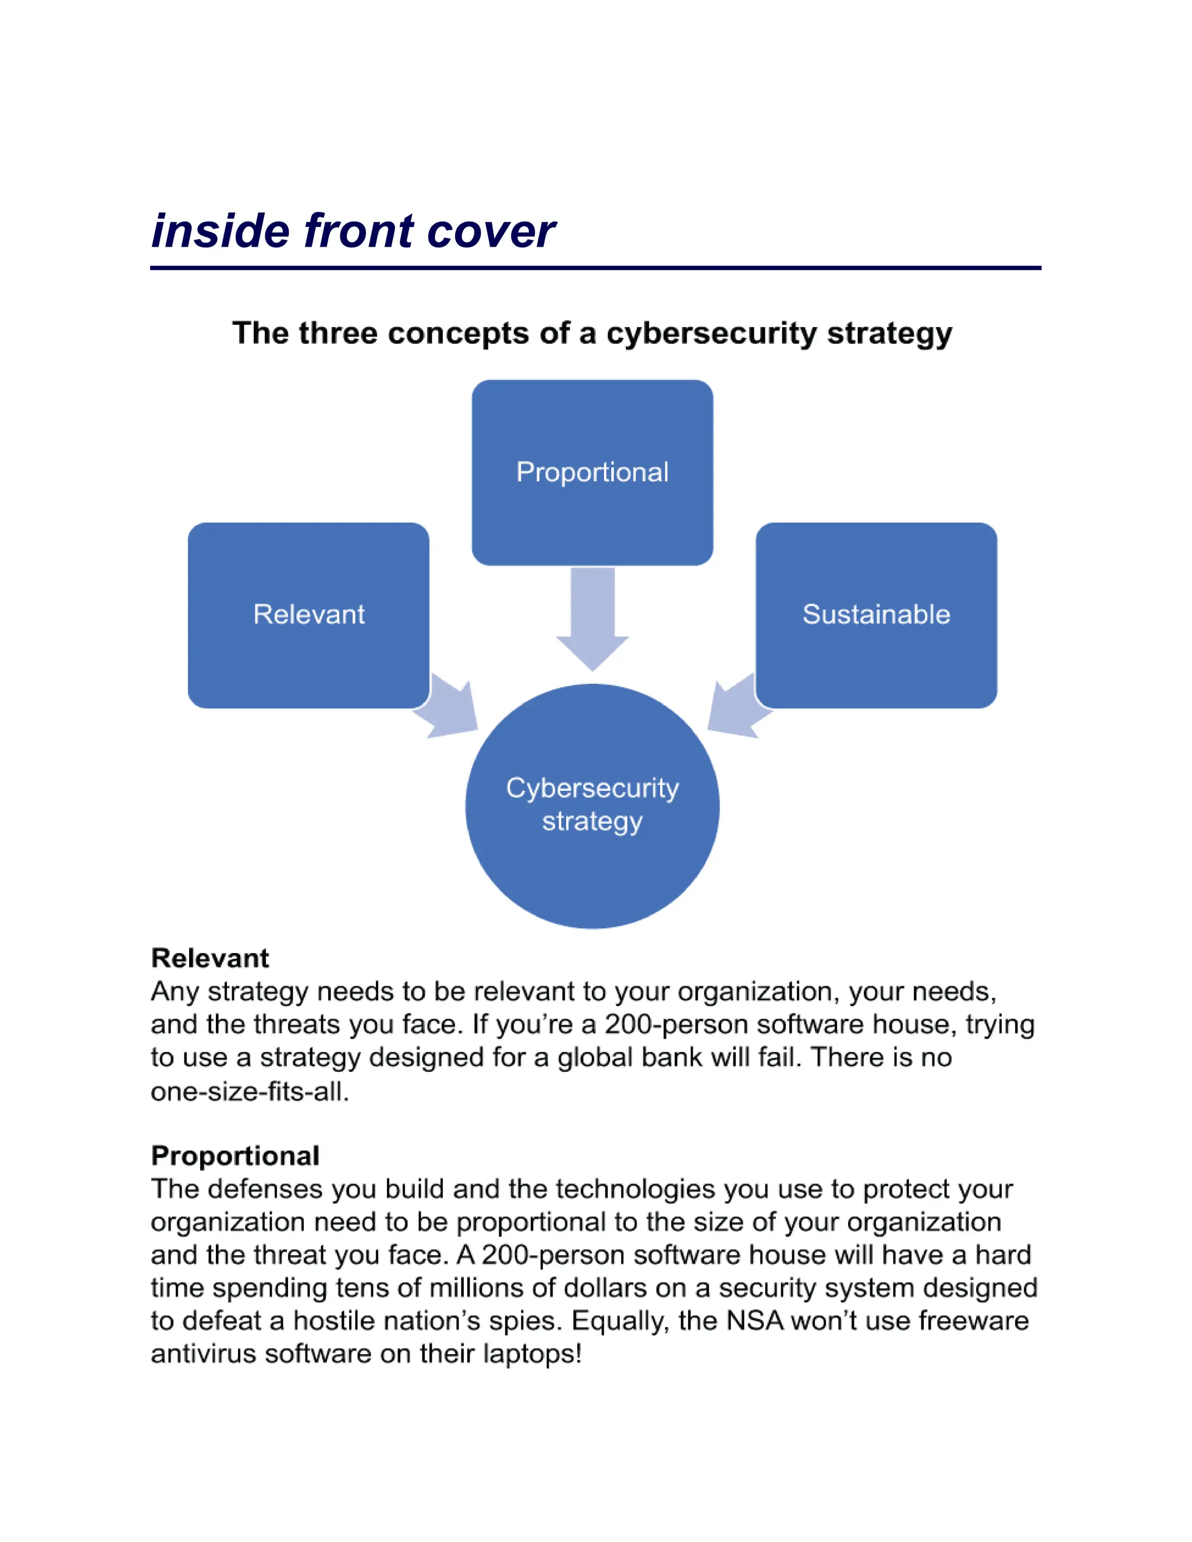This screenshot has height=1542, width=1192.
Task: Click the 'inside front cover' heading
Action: [x=353, y=231]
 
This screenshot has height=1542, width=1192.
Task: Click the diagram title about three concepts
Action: [x=592, y=333]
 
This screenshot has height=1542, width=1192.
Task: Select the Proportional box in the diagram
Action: [x=592, y=472]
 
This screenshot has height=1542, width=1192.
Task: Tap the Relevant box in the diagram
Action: [x=308, y=614]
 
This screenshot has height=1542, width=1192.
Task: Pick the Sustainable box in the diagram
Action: [x=875, y=614]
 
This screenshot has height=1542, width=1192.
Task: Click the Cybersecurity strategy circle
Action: [x=592, y=805]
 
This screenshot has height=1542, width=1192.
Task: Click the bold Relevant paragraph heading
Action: [x=210, y=958]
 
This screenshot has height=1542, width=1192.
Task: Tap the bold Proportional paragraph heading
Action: [x=235, y=1156]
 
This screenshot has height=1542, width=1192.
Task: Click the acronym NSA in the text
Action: [x=755, y=1320]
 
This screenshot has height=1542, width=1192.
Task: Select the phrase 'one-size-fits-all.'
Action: [x=250, y=1092]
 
